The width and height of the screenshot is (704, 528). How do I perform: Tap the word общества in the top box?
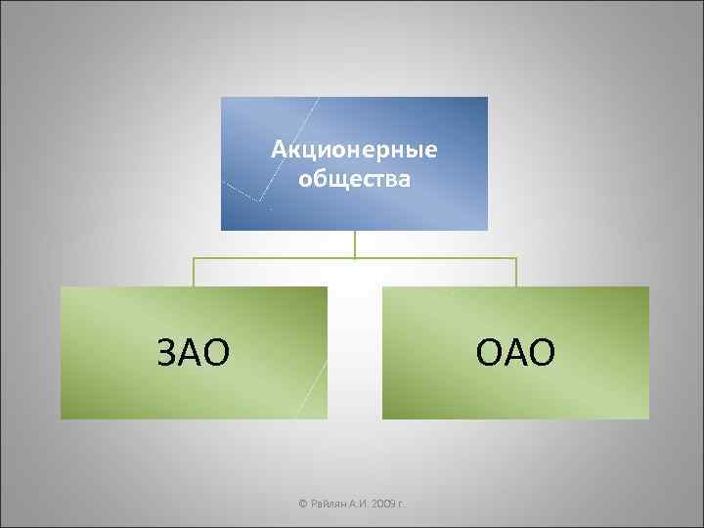(x=355, y=178)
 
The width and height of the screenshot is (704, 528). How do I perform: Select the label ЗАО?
(x=194, y=352)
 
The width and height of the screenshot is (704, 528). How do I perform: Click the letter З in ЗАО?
(x=168, y=352)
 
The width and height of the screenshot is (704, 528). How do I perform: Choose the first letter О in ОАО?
(x=490, y=352)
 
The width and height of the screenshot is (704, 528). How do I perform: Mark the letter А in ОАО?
(x=516, y=352)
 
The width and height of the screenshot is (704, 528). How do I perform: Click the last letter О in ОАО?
(x=543, y=352)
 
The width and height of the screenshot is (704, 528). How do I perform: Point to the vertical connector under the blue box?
(x=355, y=244)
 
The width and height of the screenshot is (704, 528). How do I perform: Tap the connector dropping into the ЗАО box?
(x=194, y=273)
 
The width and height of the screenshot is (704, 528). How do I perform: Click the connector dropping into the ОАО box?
(x=516, y=273)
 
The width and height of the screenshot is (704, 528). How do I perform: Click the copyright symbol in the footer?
(x=303, y=505)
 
